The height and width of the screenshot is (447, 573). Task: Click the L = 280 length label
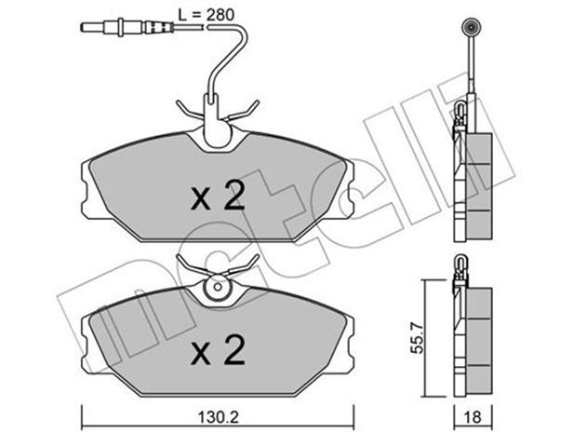point(206,15)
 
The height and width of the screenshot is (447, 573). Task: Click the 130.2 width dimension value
point(219,417)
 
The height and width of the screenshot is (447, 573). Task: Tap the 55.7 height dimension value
point(417,337)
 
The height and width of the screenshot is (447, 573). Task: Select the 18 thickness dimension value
point(473,417)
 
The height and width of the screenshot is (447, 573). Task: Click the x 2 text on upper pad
point(218,196)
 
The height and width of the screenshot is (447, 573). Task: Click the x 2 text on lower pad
point(218,350)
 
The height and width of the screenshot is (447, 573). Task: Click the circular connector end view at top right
point(471,27)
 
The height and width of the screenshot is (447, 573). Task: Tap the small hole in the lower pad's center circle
point(218,287)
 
